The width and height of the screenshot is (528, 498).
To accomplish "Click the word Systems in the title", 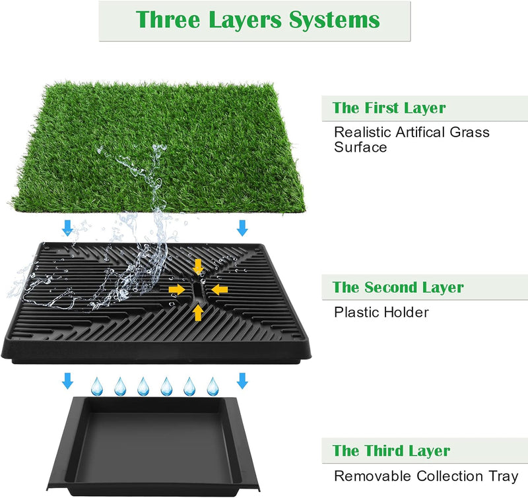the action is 335,20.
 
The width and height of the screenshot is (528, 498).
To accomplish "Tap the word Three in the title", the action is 168,19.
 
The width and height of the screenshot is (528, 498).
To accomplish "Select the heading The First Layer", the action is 389,108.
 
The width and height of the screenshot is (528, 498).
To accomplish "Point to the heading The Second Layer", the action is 398,288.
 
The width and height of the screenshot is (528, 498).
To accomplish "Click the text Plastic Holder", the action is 381,312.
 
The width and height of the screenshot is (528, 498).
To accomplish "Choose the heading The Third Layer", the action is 391,451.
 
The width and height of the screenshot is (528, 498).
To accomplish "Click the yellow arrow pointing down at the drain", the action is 198,266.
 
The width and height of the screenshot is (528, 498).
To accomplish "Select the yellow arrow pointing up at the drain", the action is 198,313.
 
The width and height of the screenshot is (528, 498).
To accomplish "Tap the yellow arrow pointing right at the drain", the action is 177,290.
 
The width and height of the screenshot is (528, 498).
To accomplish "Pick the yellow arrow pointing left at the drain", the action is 220,290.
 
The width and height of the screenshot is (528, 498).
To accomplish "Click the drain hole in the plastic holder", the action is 198,290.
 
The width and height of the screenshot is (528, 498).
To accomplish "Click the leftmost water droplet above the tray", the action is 96,387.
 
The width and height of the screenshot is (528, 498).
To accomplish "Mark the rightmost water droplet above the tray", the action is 213,387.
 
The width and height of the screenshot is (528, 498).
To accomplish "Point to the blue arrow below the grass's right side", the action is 242,228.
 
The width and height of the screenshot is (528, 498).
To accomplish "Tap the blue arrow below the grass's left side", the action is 67,228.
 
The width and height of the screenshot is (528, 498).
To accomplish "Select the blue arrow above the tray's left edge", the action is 68,381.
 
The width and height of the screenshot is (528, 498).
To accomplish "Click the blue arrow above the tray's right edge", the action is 242,381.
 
